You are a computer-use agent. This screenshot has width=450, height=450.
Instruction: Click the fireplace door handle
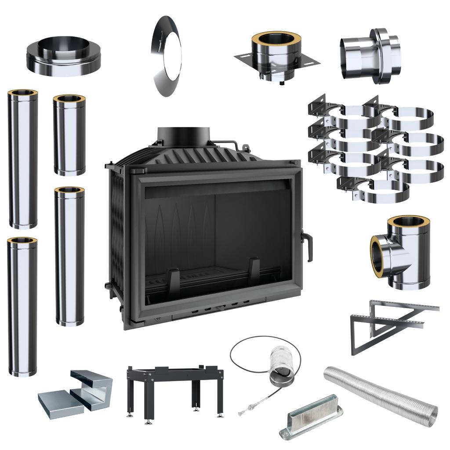pyautogui.click(x=307, y=246)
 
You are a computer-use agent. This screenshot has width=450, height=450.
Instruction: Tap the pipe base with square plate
pyautogui.click(x=276, y=55)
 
